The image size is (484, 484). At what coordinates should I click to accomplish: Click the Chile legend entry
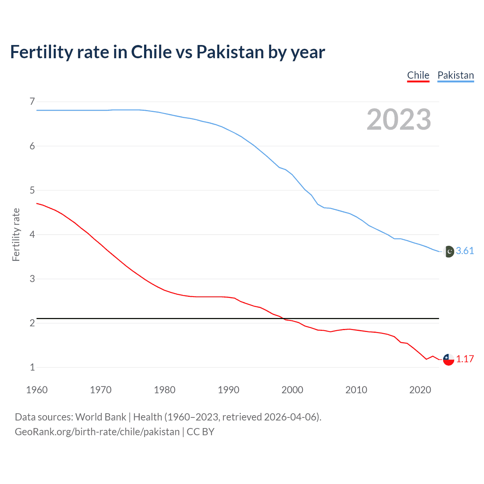coord(418,75)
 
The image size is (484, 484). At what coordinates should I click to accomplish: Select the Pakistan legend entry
coord(455,75)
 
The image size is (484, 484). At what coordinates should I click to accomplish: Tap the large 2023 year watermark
coord(399,119)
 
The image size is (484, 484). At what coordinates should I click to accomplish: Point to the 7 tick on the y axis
coord(32,101)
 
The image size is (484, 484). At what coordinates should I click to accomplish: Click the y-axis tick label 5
coord(32,190)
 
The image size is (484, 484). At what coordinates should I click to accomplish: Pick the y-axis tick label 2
coord(32,323)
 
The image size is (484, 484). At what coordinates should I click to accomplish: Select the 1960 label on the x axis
coord(37,390)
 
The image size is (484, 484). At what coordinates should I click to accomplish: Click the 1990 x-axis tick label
coord(228,390)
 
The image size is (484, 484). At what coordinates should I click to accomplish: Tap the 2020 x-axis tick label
coord(420,390)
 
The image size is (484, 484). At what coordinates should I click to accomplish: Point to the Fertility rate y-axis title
coord(16,234)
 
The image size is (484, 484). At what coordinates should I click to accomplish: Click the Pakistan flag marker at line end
coord(448,251)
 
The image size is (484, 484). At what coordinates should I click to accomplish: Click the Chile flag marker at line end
coord(448,360)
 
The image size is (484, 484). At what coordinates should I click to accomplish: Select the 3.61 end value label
coord(465,251)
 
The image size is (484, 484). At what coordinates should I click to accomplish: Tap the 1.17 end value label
coord(465,359)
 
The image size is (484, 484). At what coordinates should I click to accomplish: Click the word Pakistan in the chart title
coord(230,52)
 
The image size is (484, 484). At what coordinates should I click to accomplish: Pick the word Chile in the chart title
coord(151,52)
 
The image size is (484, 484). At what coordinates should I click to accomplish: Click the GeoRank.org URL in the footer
coord(97,432)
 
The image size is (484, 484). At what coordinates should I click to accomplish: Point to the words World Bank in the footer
coord(101,417)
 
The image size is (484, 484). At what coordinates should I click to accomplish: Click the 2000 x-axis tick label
coord(292,390)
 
